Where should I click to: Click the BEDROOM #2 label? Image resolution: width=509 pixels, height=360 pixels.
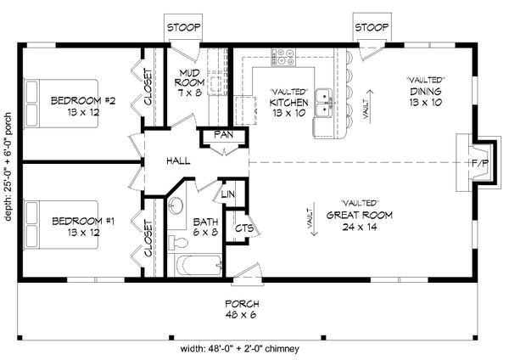pos(83,106)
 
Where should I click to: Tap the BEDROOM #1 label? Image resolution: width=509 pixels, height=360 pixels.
pos(83,227)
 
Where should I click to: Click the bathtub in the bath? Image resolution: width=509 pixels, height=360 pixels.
pos(198,266)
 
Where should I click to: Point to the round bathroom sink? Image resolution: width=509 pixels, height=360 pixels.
pos(176,205)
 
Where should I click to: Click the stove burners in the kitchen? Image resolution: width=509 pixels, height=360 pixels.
pos(284,57)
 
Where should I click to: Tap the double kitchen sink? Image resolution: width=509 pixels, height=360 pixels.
pos(324,103)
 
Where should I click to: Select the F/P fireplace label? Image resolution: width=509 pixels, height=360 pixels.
pos(480,163)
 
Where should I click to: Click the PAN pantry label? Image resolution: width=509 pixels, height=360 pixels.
pos(224,134)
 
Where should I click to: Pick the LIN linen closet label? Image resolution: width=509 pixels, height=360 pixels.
pos(228,194)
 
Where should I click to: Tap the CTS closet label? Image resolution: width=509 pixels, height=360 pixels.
pos(244,228)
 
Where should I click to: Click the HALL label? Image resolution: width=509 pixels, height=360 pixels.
pos(178,160)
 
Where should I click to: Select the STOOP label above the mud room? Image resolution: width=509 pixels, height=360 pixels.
pos(183,28)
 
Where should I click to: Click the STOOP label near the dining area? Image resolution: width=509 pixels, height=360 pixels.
pos(372,27)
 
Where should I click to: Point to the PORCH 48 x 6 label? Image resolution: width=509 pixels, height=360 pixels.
pos(242,309)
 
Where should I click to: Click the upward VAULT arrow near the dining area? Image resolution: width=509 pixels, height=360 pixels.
pos(370,104)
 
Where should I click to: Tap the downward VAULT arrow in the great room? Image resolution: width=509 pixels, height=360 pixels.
pos(313,222)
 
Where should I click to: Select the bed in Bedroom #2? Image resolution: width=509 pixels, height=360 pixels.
pos(61,104)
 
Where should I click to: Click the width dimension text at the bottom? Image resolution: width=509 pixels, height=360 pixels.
pos(240,349)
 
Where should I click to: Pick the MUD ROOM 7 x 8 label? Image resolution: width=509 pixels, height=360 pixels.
pos(189,82)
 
